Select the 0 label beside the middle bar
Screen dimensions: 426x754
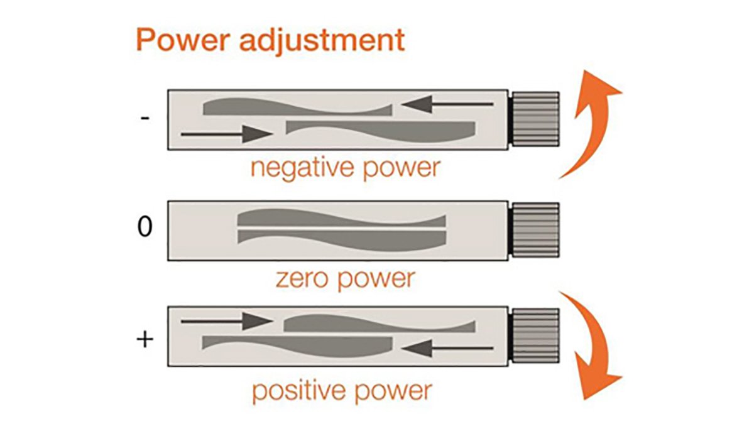tap(145, 227)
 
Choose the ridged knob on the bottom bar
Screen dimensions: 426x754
tap(535, 336)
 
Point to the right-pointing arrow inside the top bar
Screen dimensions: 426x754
tap(226, 133)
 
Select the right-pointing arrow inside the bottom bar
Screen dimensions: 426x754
tap(226, 322)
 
